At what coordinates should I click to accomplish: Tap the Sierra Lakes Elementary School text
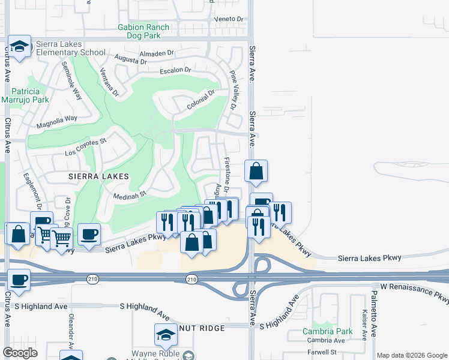coord(71,48)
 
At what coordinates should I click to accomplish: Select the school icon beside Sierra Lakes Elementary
coord(20,46)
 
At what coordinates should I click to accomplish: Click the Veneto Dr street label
coord(231,19)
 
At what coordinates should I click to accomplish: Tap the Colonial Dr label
coord(200,100)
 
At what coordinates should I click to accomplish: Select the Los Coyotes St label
coord(86,145)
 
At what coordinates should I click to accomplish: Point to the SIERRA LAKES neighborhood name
coord(98,176)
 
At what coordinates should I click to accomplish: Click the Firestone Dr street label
coord(227,175)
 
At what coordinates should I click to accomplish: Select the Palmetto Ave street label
coord(373,313)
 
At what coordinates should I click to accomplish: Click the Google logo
coord(20,353)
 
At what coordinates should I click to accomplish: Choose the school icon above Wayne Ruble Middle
coord(166,335)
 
